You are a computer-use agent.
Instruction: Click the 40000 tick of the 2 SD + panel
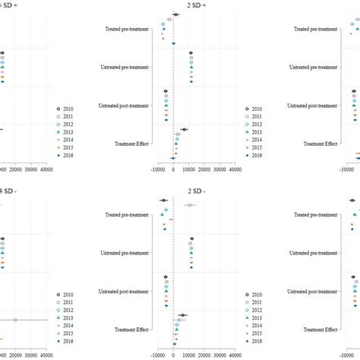[x=235, y=172]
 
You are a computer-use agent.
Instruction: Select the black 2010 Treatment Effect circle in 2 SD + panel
[x=184, y=130]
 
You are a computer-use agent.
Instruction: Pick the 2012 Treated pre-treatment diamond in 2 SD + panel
[x=163, y=24]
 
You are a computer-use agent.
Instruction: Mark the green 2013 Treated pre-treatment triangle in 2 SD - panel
[x=163, y=216]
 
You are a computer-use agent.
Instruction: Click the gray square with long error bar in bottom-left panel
[x=15, y=320]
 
